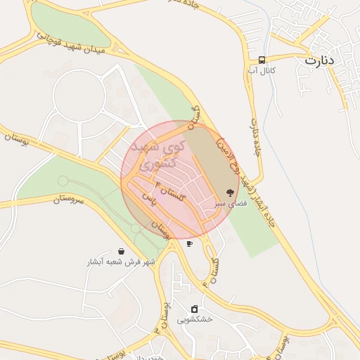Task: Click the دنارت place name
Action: coord(320,60)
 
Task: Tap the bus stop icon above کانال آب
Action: coord(262,60)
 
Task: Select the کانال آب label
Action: coord(262,70)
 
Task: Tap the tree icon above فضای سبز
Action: coord(230,192)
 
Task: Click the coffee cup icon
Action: coord(189,243)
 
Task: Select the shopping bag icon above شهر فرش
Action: coord(122,251)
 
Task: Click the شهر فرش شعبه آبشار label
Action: coord(120,262)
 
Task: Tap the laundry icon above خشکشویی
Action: coord(194,309)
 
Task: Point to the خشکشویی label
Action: coord(193,319)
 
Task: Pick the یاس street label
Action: coord(148,200)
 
